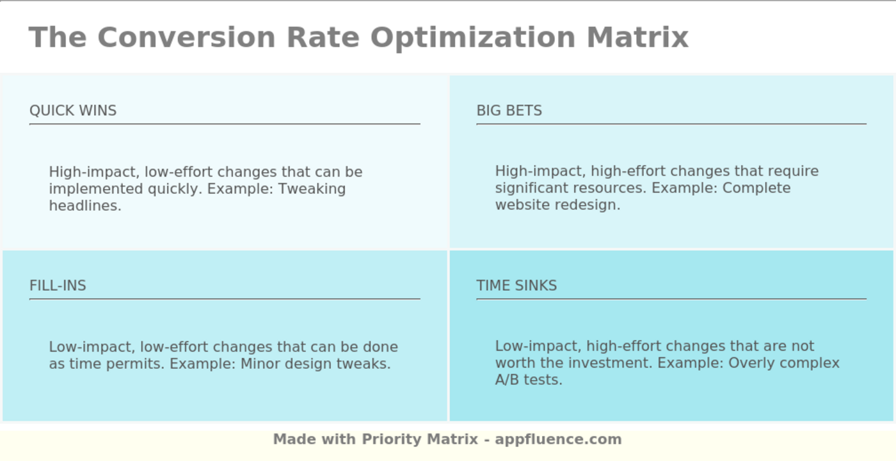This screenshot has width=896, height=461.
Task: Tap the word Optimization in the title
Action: [x=472, y=37]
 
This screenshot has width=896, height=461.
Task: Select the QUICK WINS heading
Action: [x=73, y=111]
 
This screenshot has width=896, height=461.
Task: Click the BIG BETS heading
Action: [x=509, y=111]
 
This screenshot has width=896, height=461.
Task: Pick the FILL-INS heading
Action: [x=58, y=286]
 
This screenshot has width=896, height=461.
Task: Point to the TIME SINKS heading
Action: [x=516, y=286]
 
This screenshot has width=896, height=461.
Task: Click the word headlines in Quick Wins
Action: [x=84, y=206]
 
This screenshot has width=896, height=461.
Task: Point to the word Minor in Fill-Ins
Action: [x=260, y=364]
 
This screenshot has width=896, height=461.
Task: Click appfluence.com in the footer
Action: [x=558, y=440]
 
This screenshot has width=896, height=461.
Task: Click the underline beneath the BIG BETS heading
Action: [x=671, y=124]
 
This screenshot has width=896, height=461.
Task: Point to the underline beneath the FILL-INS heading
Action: [x=224, y=299]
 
